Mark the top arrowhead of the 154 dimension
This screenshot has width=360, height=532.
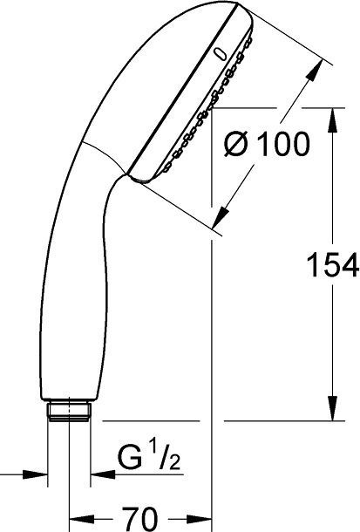[332, 116]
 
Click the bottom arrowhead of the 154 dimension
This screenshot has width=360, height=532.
[332, 411]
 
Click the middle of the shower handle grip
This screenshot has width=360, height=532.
[61, 262]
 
